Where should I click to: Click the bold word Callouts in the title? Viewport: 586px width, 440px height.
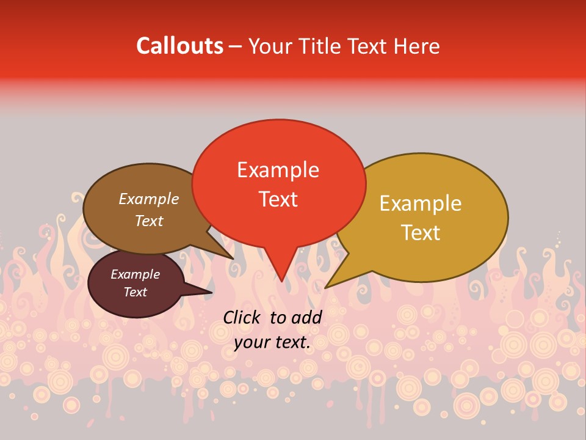(x=179, y=46)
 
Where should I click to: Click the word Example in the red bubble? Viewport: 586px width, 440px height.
(x=278, y=170)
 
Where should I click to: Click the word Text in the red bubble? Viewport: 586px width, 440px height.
(x=278, y=199)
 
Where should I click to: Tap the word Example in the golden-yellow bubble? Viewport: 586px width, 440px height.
(x=421, y=204)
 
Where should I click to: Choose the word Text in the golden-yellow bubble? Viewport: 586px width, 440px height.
(x=421, y=233)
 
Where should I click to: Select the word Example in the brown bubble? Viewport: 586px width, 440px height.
(x=149, y=199)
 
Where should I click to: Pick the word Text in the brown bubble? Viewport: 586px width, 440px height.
(x=149, y=221)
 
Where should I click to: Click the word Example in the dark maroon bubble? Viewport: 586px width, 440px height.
(x=135, y=274)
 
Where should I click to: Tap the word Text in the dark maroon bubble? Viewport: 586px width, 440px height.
(x=135, y=292)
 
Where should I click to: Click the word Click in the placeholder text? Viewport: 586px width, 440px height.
(x=242, y=317)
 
